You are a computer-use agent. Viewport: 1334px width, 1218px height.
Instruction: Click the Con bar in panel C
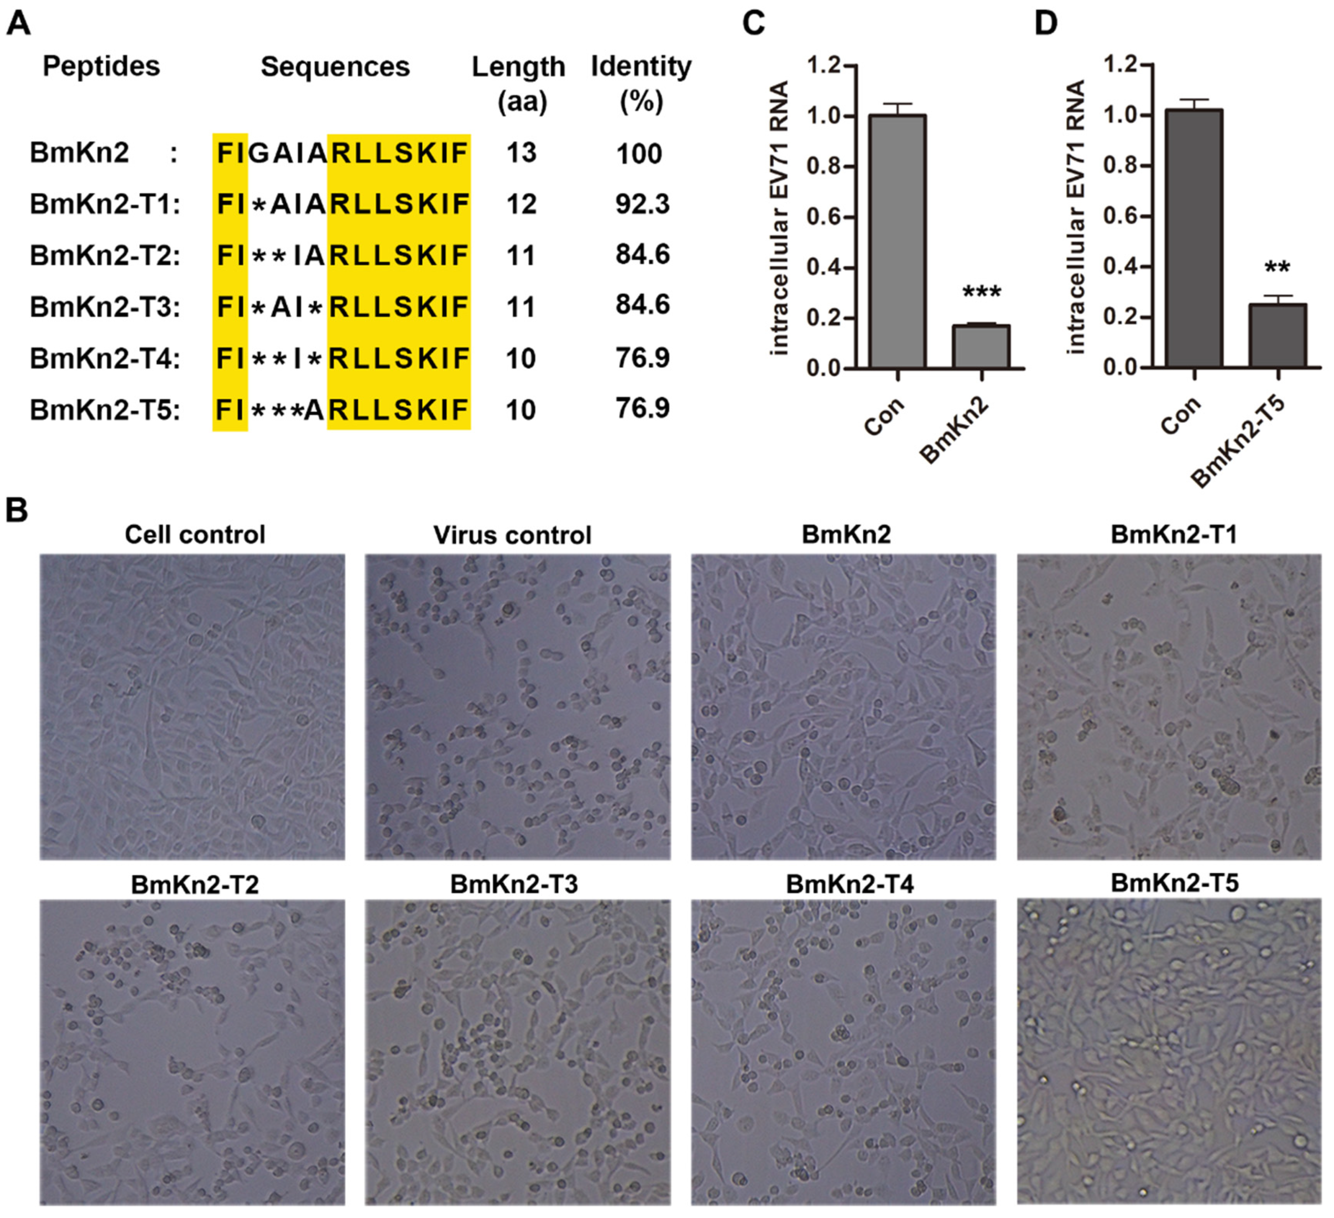pyautogui.click(x=897, y=242)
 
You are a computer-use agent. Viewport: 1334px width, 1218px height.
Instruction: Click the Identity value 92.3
pyautogui.click(x=642, y=204)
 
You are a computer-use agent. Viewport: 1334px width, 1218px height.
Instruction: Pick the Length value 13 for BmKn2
pyautogui.click(x=521, y=153)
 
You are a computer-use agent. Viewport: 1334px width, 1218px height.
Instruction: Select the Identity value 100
pyautogui.click(x=639, y=154)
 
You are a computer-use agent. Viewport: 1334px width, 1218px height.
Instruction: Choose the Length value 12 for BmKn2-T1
pyautogui.click(x=521, y=204)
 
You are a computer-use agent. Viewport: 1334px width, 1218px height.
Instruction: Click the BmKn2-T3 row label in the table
pyautogui.click(x=105, y=307)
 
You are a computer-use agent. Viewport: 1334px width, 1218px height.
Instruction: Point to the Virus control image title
pyautogui.click(x=512, y=535)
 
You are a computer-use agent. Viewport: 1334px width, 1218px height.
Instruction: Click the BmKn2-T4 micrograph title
pyautogui.click(x=850, y=885)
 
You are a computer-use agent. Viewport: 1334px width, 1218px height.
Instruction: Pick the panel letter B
pyautogui.click(x=17, y=511)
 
